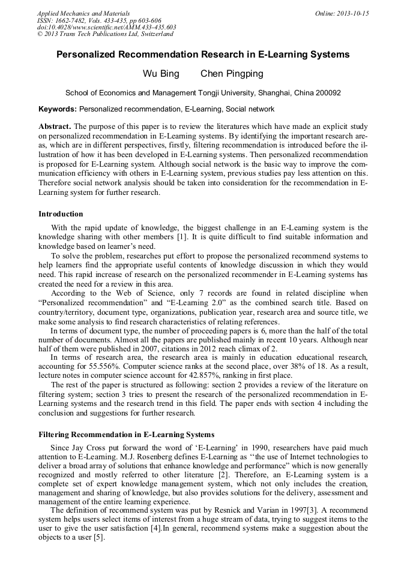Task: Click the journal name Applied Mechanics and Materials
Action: (83, 13)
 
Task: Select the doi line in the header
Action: (106, 27)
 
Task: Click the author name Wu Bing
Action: (156, 74)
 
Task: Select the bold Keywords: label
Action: (58, 109)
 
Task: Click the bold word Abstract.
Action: (55, 127)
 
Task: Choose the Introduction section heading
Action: (61, 214)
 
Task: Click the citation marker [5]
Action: (98, 537)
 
